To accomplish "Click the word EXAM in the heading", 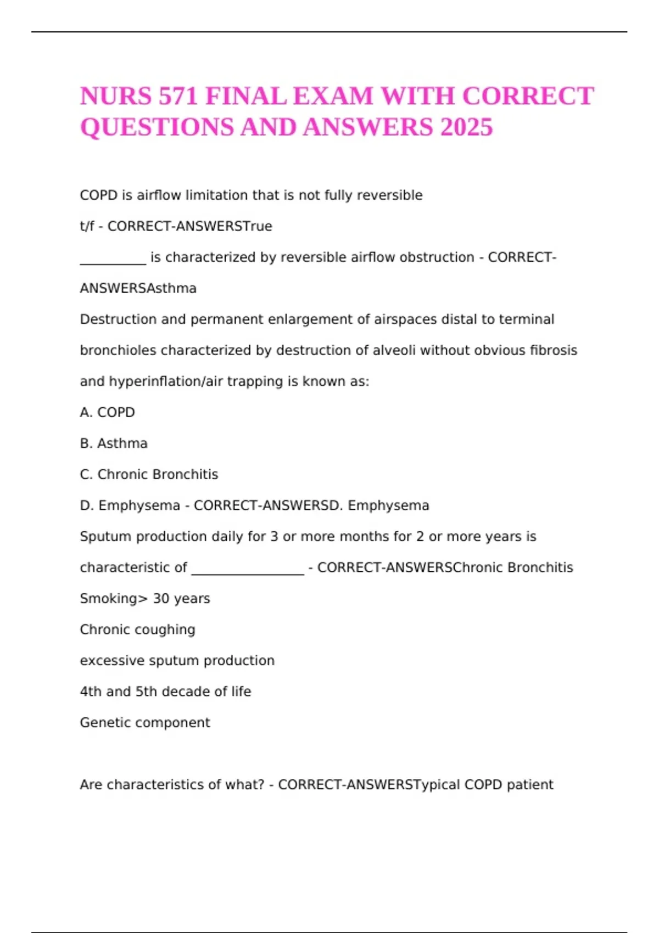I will pos(333,97).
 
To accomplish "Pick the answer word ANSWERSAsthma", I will pos(138,288).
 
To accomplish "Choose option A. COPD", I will pos(107,412).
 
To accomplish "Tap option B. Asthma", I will pos(114,443).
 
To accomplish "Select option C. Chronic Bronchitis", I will pos(149,474).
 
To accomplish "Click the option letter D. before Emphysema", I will pos(87,505).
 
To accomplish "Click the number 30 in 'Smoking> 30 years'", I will pos(161,598).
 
